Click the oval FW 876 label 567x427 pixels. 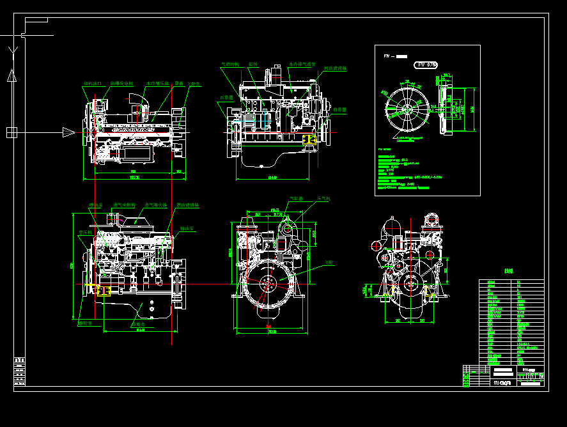pos(426,65)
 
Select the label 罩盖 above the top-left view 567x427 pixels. pos(179,83)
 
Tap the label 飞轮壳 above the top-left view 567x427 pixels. pos(194,83)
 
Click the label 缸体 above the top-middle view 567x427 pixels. pos(252,65)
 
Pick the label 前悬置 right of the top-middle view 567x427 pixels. pos(340,109)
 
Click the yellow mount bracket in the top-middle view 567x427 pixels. pos(310,139)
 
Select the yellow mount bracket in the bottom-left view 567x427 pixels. pos(103,291)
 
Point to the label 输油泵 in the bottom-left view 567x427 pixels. pos(187,228)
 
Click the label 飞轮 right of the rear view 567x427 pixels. pos(329,262)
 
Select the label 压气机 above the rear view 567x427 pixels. pos(323,199)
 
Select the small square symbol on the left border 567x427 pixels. pos(12,132)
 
